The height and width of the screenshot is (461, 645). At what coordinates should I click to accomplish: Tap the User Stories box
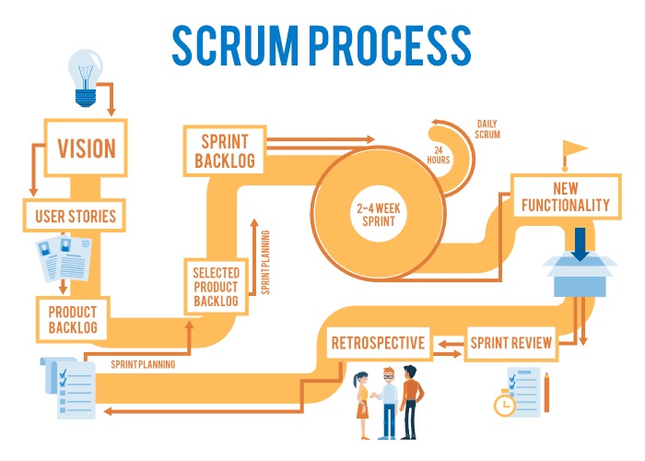(75, 217)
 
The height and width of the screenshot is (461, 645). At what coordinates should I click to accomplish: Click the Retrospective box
(378, 344)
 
